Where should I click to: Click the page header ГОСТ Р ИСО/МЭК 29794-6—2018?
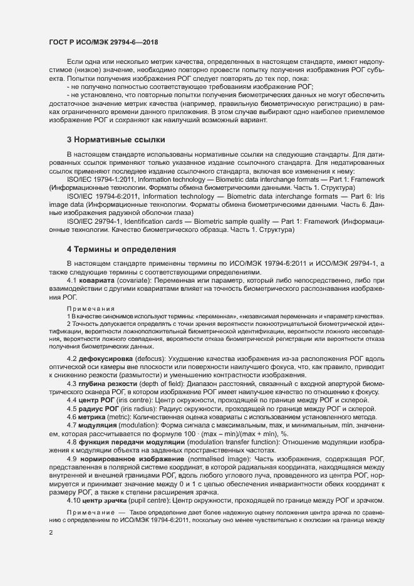[103, 41]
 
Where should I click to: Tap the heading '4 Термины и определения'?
[121, 249]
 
